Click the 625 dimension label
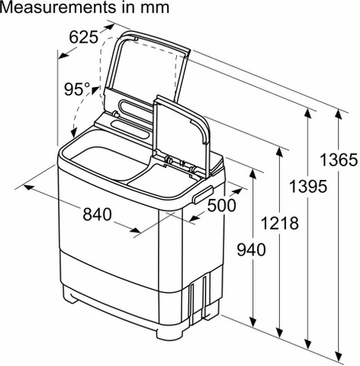click(83, 37)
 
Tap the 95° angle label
click(77, 89)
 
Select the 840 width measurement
click(98, 214)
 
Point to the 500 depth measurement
click(222, 205)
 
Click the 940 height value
click(252, 249)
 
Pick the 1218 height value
click(280, 223)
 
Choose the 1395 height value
click(308, 186)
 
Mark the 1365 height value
click(339, 160)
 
